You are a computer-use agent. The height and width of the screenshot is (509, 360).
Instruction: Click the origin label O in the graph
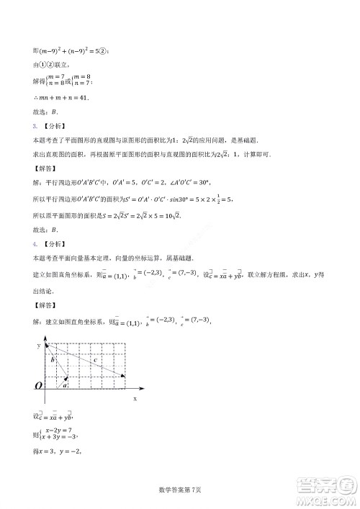[x=37, y=387]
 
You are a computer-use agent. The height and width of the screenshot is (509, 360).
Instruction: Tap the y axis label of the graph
[x=38, y=346]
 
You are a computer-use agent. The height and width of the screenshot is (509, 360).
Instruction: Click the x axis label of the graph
[x=135, y=398]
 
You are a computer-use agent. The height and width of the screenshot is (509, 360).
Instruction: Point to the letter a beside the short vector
[x=66, y=385]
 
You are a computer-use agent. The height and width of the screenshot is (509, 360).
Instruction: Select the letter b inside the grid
[x=53, y=359]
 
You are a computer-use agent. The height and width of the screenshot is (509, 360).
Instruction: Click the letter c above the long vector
[x=95, y=360]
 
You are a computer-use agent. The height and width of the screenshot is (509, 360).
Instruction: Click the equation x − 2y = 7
[x=59, y=430]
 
